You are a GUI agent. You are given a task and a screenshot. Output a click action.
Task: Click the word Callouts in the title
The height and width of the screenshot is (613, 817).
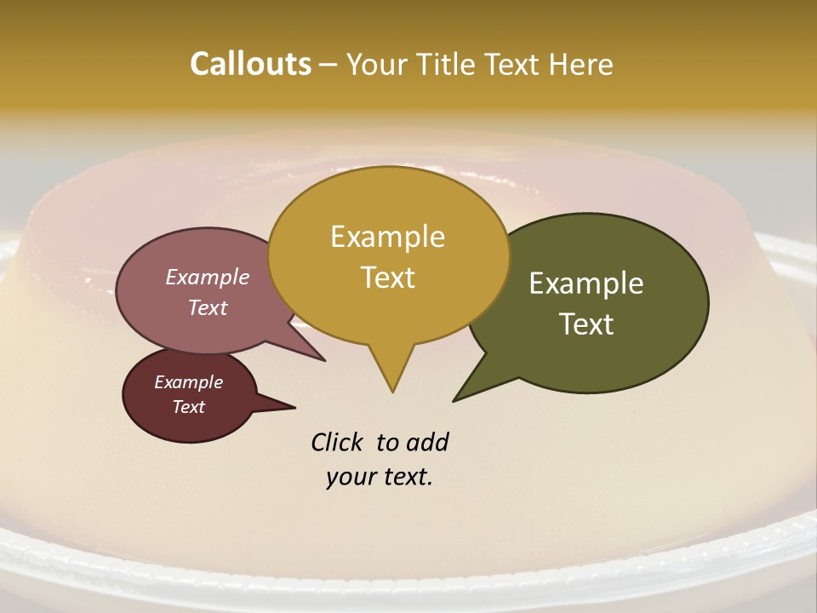pyautogui.click(x=250, y=64)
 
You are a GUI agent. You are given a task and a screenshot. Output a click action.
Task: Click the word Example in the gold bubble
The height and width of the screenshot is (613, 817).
pyautogui.click(x=387, y=237)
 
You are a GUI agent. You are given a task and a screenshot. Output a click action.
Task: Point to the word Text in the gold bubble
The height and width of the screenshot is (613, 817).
pyautogui.click(x=387, y=278)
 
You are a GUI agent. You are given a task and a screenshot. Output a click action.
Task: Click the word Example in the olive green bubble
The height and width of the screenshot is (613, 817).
pyautogui.click(x=586, y=284)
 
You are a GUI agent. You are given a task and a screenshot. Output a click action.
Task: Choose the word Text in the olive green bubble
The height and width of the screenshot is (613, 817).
pyautogui.click(x=586, y=324)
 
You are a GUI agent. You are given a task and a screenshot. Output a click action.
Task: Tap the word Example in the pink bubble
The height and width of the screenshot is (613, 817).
pyautogui.click(x=207, y=278)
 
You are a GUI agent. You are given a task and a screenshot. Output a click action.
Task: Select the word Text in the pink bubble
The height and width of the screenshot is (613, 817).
pyautogui.click(x=207, y=308)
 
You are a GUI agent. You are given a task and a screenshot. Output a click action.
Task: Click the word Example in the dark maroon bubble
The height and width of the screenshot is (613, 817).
pyautogui.click(x=188, y=382)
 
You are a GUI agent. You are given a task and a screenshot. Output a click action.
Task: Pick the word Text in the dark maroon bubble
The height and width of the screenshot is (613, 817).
pyautogui.click(x=188, y=407)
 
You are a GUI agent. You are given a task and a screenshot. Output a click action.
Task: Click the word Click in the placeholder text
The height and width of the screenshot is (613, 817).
pyautogui.click(x=336, y=443)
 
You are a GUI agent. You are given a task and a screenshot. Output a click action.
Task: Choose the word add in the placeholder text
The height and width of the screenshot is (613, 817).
pyautogui.click(x=427, y=443)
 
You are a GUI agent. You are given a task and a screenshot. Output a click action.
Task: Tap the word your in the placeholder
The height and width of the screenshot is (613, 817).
pyautogui.click(x=351, y=478)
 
